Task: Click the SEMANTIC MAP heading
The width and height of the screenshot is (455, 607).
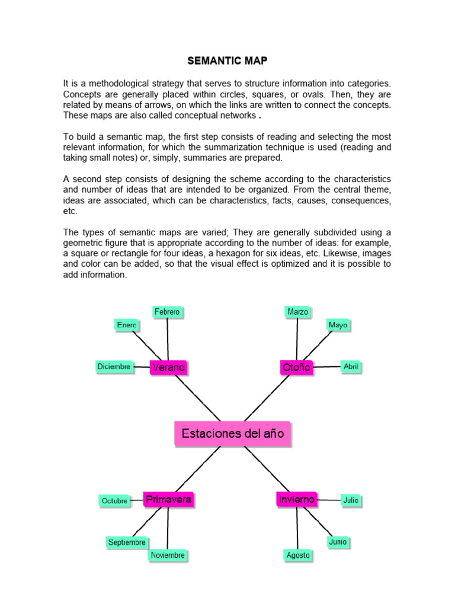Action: tap(227, 60)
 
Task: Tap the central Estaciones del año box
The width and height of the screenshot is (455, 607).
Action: tap(233, 433)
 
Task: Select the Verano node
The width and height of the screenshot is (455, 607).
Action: tap(168, 368)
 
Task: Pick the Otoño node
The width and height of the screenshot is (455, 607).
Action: tap(296, 368)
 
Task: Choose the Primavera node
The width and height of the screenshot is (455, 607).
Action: tap(168, 500)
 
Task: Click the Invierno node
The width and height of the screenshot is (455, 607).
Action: tap(296, 500)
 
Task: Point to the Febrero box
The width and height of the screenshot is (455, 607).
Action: tap(167, 311)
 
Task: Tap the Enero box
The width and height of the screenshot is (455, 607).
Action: tap(127, 325)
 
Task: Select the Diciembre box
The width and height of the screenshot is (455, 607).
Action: tap(114, 367)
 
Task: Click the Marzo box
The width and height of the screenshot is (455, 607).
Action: tap(298, 311)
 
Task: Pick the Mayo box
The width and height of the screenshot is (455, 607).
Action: tap(338, 325)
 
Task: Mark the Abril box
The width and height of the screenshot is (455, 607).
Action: tap(351, 367)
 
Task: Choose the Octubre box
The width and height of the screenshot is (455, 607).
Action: tap(114, 501)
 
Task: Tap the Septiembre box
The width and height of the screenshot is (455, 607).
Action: tap(127, 542)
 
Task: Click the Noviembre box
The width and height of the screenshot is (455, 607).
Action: tap(168, 555)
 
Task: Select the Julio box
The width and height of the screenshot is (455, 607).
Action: tap(351, 500)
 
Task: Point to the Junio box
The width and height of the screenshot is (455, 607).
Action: tap(338, 542)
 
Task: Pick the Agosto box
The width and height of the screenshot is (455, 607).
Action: tap(298, 555)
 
